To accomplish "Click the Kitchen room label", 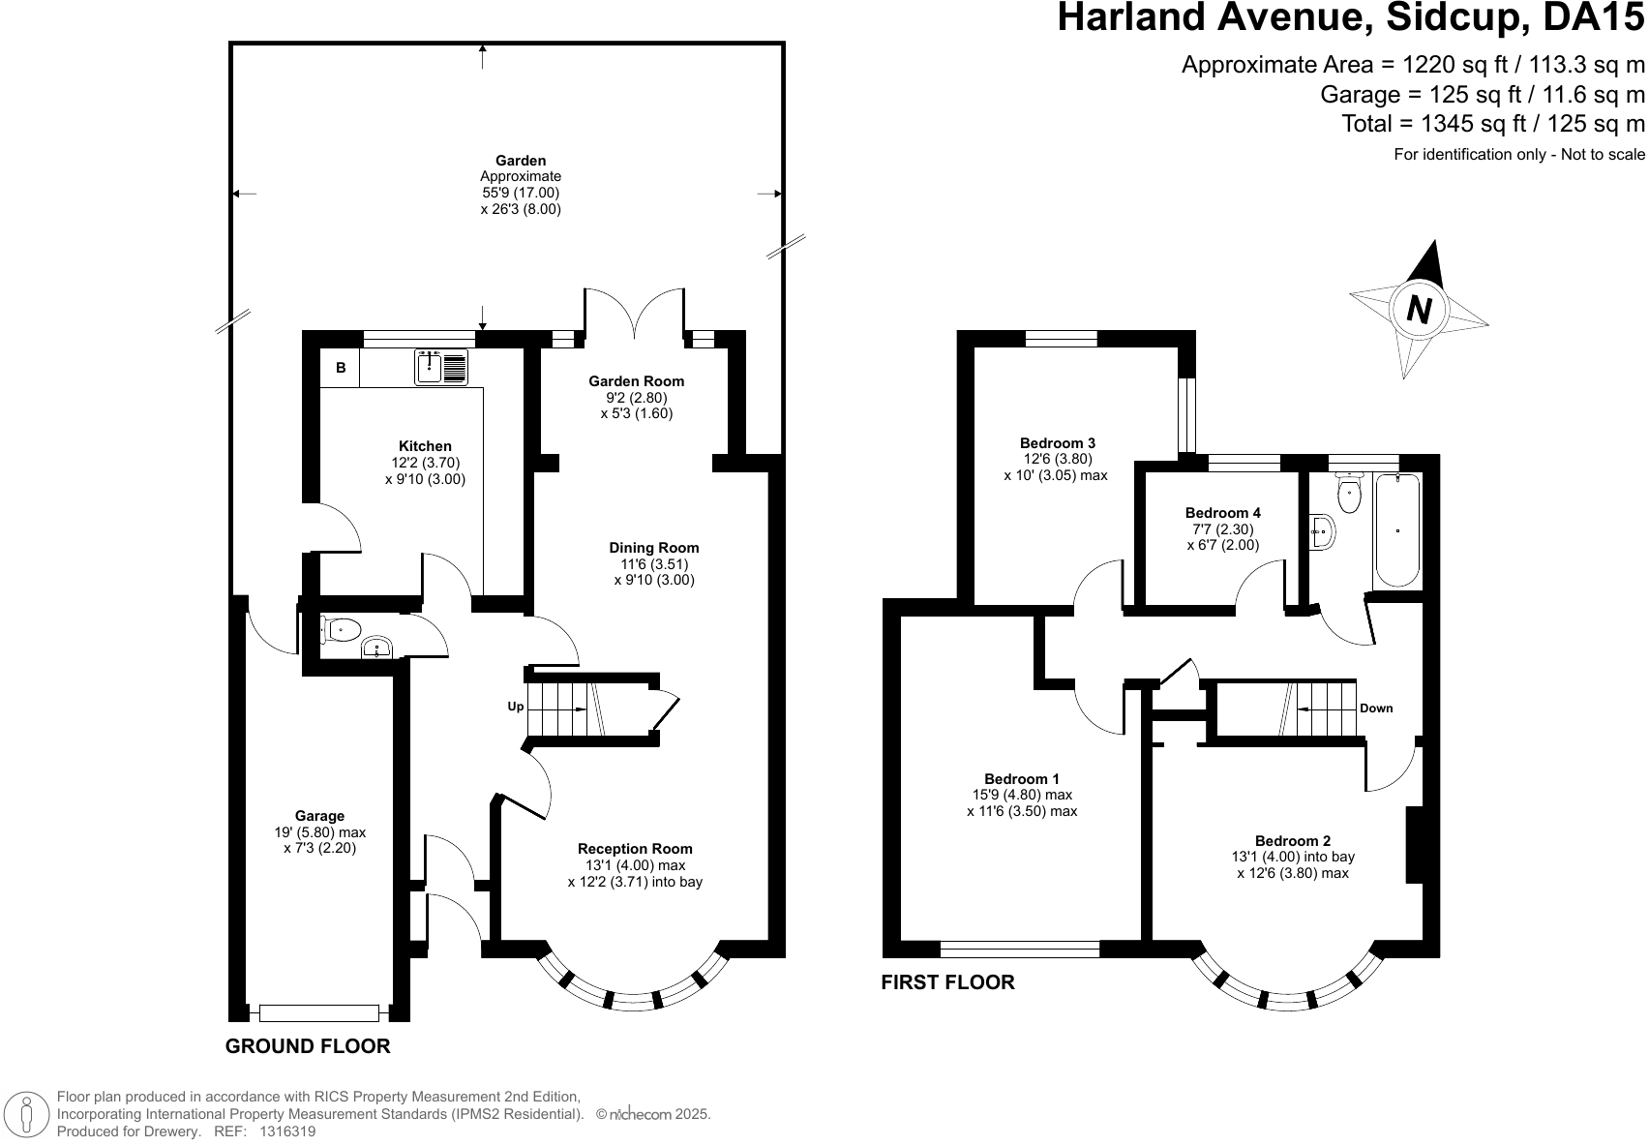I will click(425, 446).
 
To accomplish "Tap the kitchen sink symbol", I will click(441, 367).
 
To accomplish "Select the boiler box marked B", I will click(341, 368).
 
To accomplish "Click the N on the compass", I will click(1419, 310).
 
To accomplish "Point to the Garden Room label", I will click(636, 380).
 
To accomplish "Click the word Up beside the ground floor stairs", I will click(516, 707).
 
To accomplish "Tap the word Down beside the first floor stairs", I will click(1376, 708).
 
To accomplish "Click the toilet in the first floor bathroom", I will click(1348, 494).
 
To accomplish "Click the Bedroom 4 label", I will click(1222, 512).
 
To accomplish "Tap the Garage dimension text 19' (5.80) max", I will click(319, 832).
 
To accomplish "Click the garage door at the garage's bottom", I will click(318, 1012).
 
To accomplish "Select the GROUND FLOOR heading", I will click(308, 1046).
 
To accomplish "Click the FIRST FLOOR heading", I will click(947, 982).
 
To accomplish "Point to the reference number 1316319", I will click(285, 1131).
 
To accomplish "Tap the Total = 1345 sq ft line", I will click(1492, 123).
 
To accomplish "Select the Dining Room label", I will click(653, 547).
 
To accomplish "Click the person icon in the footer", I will click(29, 1114).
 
